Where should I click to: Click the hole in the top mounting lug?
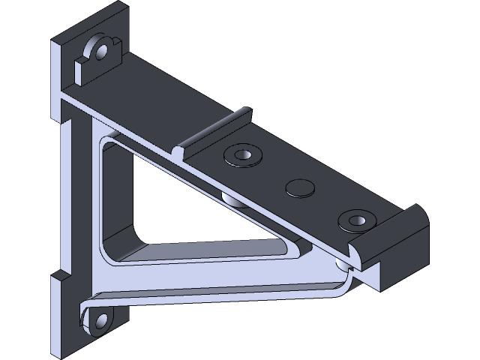pyautogui.click(x=98, y=51)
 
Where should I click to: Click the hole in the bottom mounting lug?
pyautogui.click(x=97, y=323)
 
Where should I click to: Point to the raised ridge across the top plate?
pyautogui.click(x=214, y=132)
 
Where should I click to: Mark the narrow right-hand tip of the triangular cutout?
pyautogui.click(x=289, y=240)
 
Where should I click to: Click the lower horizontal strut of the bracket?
pyautogui.click(x=225, y=289)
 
